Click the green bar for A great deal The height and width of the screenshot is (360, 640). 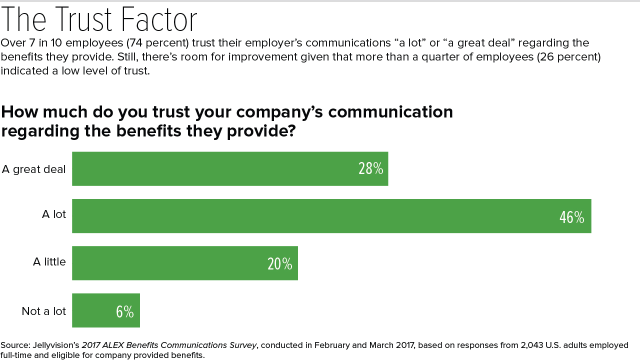click(230, 169)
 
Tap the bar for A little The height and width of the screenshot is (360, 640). click(185, 263)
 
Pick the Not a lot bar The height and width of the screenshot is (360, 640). click(106, 310)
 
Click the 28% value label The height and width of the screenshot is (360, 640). click(370, 169)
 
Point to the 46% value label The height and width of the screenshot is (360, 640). click(571, 217)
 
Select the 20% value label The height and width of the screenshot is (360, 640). click(279, 264)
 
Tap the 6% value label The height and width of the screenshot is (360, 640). click(124, 312)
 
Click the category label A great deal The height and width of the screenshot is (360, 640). click(34, 169)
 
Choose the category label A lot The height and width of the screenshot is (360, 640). click(53, 214)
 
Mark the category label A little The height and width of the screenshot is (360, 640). click(49, 261)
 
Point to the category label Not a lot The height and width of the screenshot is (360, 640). click(44, 311)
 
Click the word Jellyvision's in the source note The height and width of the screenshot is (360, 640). click(53, 345)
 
